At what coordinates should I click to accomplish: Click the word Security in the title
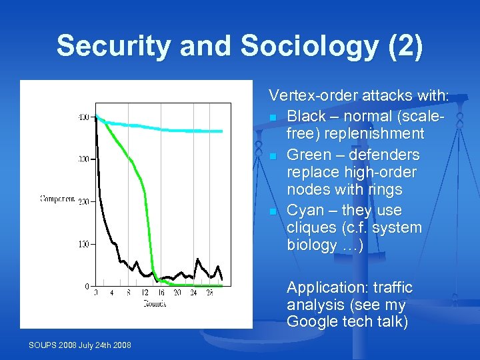(x=110, y=46)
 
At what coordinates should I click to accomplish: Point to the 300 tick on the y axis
(x=83, y=160)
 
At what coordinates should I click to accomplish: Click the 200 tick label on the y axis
(x=83, y=202)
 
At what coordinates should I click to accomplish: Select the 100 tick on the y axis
(x=83, y=245)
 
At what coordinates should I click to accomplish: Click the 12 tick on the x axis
(x=145, y=293)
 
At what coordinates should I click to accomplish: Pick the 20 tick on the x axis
(x=177, y=293)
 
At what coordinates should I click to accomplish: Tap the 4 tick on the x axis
(x=112, y=293)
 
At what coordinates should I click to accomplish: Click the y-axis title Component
(x=57, y=198)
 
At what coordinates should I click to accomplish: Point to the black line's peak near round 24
(x=197, y=259)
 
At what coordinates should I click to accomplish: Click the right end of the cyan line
(x=222, y=131)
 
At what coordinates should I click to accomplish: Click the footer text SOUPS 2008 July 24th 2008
(x=80, y=345)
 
